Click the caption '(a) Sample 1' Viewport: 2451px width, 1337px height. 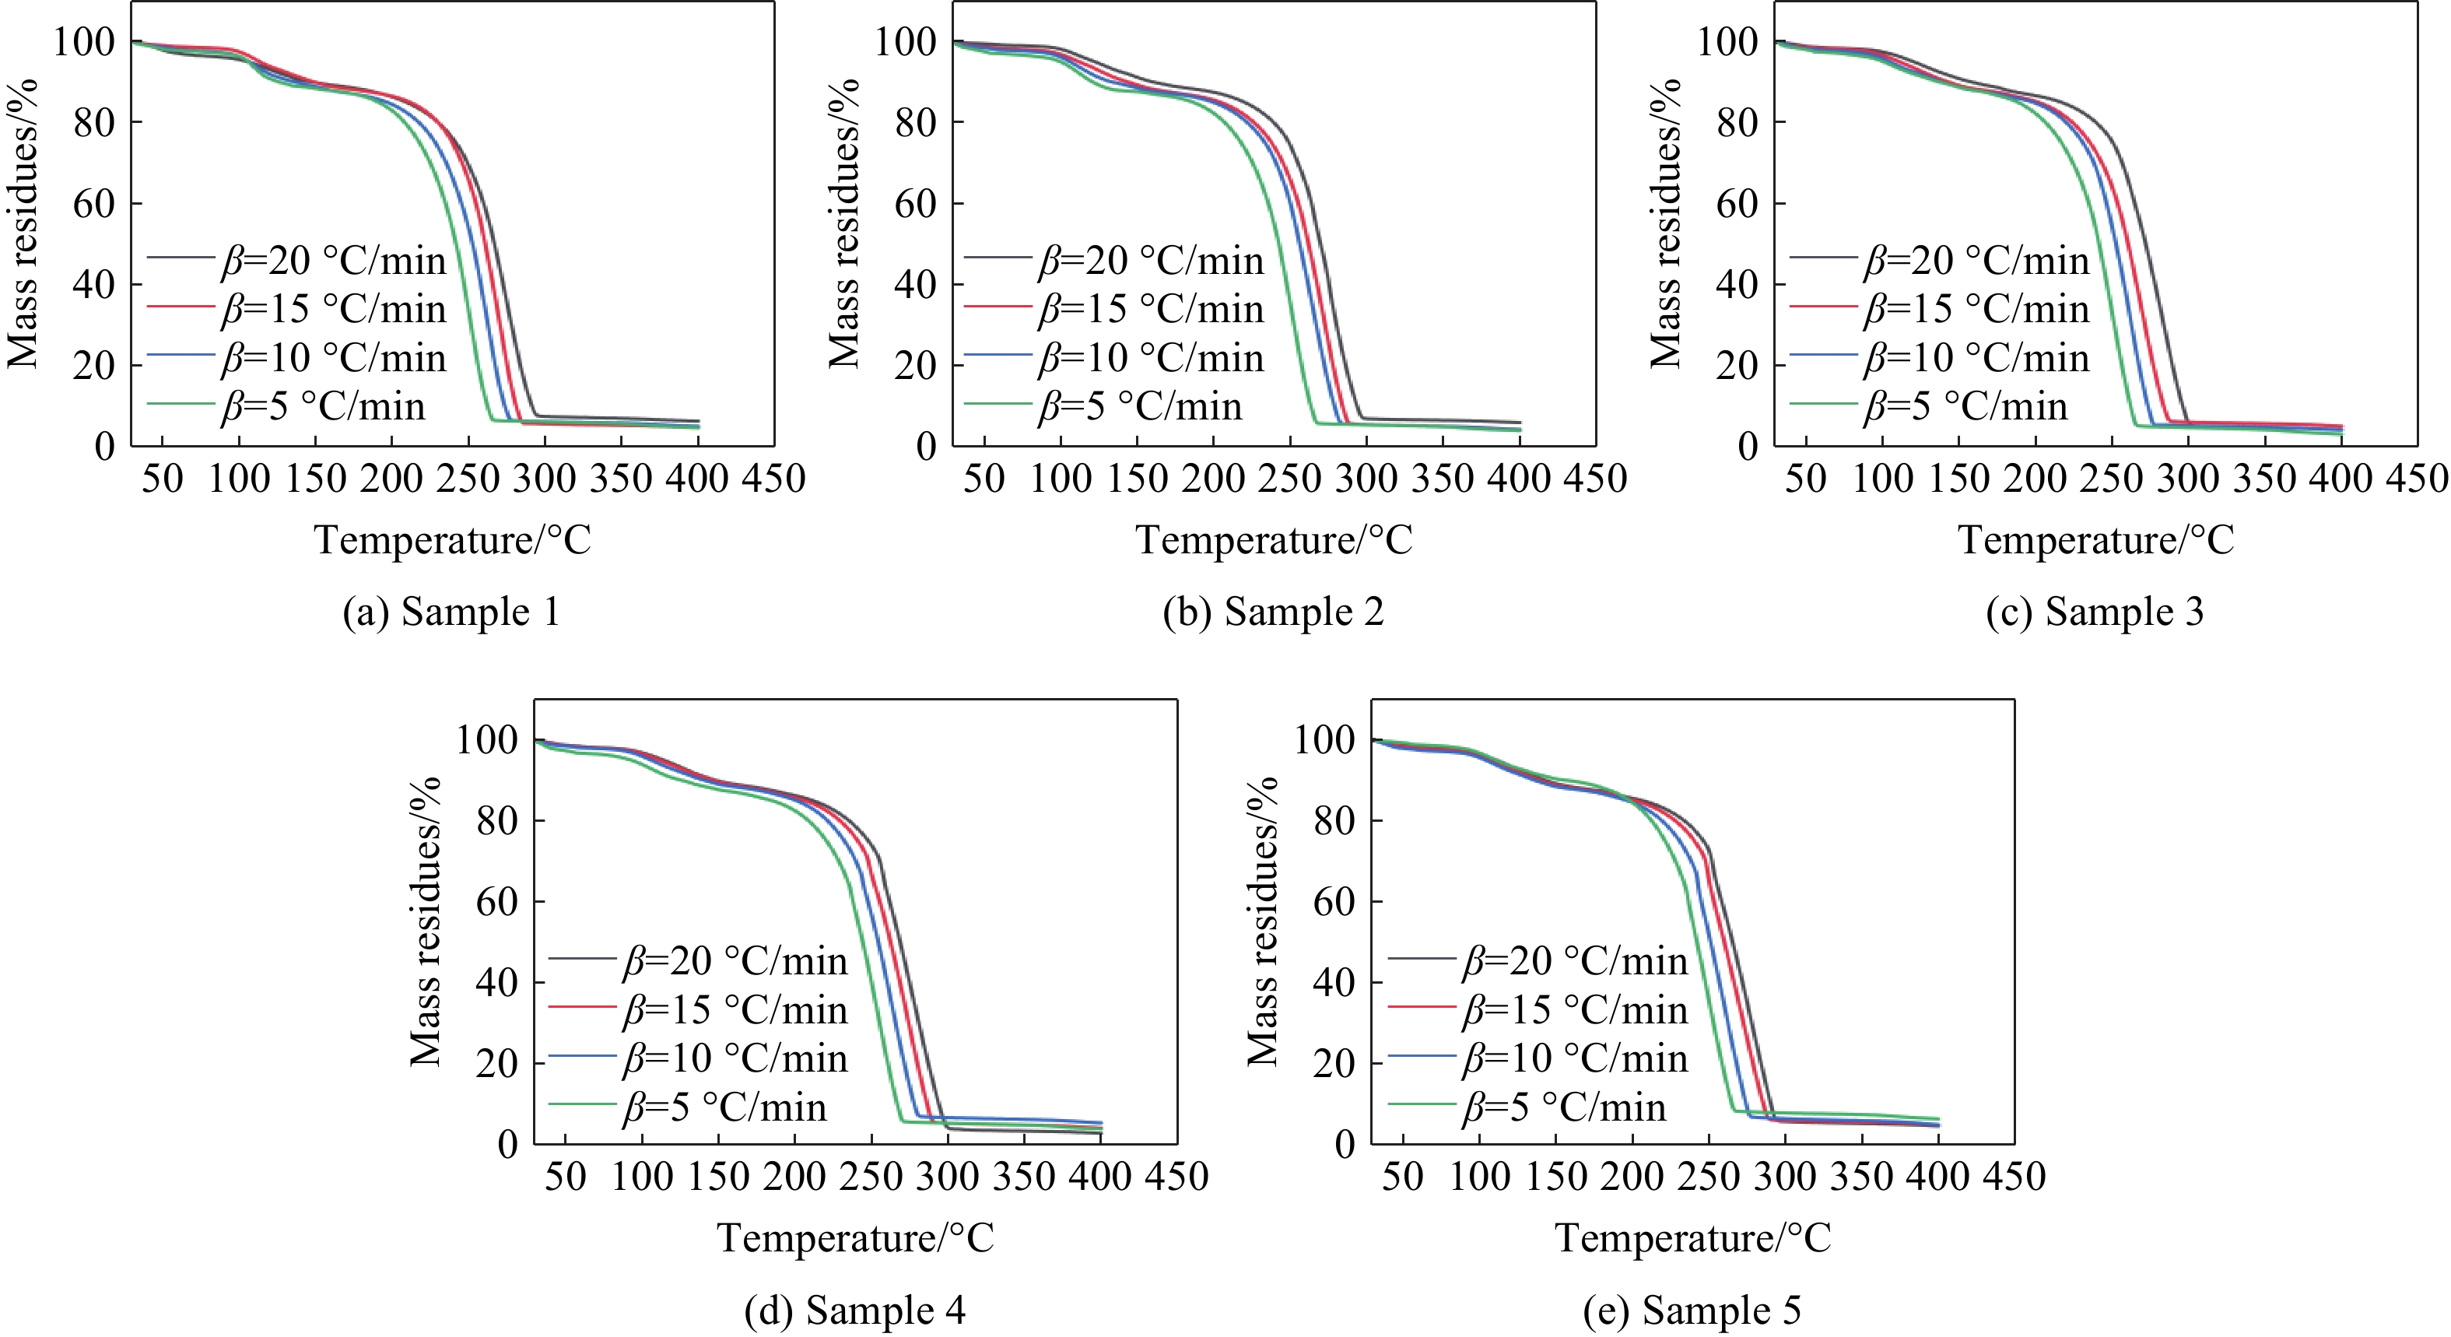(x=451, y=611)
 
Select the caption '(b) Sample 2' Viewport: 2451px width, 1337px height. (x=1273, y=611)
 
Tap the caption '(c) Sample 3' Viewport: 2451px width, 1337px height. (x=2094, y=611)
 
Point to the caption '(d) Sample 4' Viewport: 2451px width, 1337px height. (x=854, y=1311)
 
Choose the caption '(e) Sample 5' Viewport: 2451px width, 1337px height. (x=1692, y=1311)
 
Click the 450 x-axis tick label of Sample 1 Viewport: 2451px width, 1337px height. (x=774, y=478)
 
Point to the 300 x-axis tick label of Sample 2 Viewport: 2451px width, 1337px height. (x=1366, y=478)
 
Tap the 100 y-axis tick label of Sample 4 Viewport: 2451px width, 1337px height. (x=486, y=739)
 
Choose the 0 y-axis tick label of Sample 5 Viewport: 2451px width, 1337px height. (x=1344, y=1143)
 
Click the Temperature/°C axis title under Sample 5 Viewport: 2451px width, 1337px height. (x=1692, y=1238)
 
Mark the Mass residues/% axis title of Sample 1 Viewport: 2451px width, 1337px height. (x=22, y=223)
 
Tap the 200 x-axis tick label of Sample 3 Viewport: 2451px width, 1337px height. (x=2035, y=478)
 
